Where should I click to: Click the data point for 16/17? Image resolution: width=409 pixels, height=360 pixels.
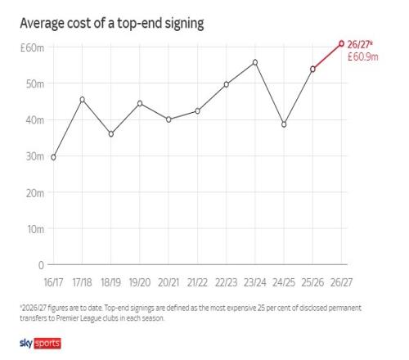[x=53, y=157]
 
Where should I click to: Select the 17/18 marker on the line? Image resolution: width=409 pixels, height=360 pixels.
[x=83, y=100]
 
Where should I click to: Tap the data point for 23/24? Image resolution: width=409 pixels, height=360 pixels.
[x=255, y=62]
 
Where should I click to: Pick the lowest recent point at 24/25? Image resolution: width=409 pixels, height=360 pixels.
[x=284, y=124]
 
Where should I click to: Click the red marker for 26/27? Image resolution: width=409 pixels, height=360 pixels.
[x=341, y=43]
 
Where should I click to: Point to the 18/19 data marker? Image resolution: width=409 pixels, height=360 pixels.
[x=111, y=134]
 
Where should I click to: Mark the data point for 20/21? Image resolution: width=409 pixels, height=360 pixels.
[x=169, y=119]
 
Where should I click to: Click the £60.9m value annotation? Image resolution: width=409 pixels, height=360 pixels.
[x=363, y=56]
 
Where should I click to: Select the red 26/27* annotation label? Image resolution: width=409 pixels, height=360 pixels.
[x=360, y=44]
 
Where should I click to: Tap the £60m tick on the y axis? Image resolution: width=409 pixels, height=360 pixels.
[x=32, y=47]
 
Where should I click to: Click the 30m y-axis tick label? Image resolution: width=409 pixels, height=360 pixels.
[x=35, y=156]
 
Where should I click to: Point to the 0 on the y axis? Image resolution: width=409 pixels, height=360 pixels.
[x=41, y=265]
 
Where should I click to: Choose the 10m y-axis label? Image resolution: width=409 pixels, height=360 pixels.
[x=35, y=229]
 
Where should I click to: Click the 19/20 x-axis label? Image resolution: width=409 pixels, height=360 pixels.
[x=140, y=282]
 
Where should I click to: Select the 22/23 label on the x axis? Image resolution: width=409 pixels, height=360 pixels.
[x=226, y=282]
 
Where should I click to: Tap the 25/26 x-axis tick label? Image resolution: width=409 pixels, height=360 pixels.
[x=312, y=282]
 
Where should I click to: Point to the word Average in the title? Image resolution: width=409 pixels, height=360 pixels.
[x=42, y=24]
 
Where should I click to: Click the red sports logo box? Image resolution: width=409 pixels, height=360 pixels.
[x=47, y=344]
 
